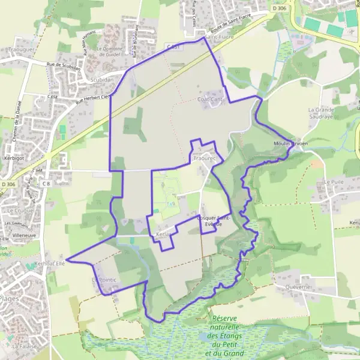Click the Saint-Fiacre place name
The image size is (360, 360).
pyautogui.click(x=220, y=38)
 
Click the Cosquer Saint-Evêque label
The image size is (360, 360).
pyautogui.click(x=214, y=221)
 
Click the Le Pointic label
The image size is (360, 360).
pyautogui.click(x=104, y=280)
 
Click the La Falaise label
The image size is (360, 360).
pyautogui.click(x=22, y=346)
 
